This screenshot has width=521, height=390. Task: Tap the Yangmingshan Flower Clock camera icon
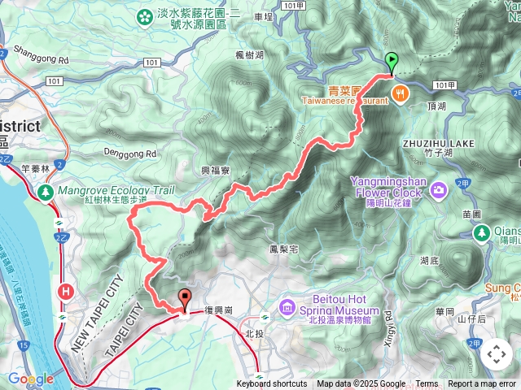point(440,190)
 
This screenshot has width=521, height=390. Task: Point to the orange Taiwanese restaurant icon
point(399,93)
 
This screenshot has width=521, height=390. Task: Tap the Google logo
point(31,379)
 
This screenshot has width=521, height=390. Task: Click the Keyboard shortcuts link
point(272,384)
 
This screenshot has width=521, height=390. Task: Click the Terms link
point(427,384)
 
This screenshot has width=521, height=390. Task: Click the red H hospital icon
point(63,289)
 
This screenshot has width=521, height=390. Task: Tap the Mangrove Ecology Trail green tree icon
point(46,193)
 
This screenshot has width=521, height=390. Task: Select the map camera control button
point(496,354)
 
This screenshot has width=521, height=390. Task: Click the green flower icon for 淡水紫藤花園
point(145,16)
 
